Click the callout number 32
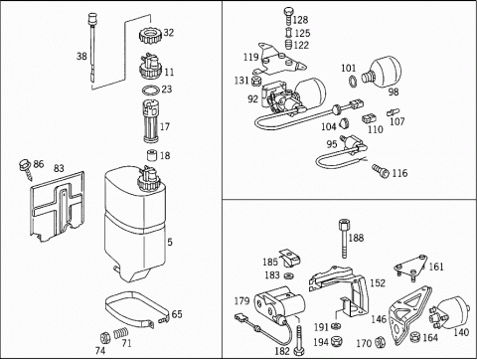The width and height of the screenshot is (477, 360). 169,33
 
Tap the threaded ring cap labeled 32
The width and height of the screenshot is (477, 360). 150,35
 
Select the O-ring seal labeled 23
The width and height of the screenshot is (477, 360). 150,90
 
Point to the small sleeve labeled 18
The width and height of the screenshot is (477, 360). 152,155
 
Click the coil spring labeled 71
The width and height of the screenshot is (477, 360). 121,333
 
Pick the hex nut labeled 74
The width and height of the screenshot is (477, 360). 105,338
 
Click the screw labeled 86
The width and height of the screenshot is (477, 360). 26,169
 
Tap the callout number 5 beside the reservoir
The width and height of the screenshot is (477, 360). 170,242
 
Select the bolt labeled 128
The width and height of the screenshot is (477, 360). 288,15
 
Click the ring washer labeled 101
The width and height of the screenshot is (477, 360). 353,82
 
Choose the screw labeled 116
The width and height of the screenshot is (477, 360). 381,171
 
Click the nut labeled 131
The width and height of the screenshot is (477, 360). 256,81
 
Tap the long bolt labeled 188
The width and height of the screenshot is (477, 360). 344,238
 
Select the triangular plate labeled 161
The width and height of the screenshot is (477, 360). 411,267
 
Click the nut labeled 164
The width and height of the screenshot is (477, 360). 415,337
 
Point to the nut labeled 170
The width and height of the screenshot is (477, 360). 380,342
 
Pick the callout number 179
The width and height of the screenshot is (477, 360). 241,301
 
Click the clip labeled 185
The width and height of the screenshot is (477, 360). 290,258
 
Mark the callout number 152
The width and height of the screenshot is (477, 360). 378,283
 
